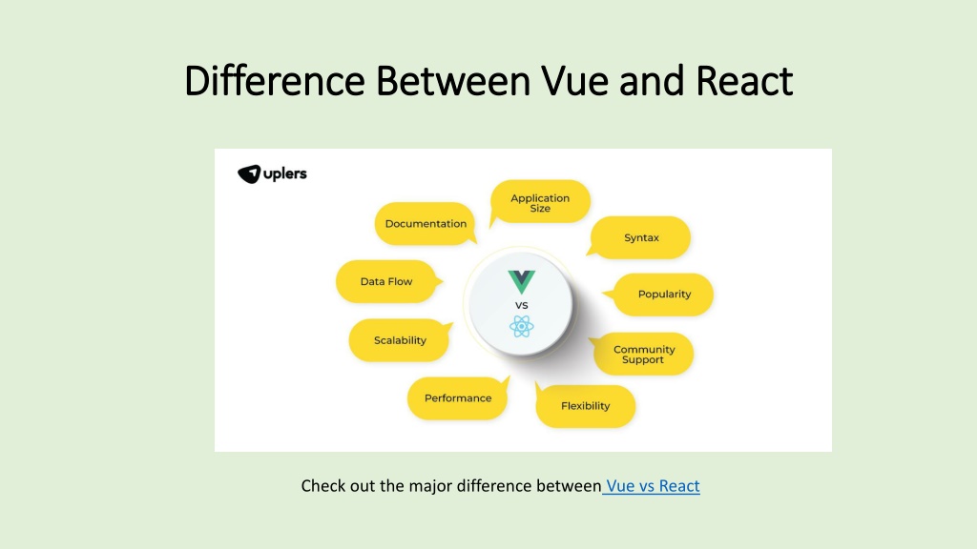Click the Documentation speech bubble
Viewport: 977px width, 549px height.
pos(426,224)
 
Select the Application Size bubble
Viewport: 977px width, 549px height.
pos(540,203)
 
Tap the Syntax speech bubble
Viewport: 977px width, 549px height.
pos(641,237)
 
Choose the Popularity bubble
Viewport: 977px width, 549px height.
pos(664,295)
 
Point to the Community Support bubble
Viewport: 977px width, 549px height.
pos(643,355)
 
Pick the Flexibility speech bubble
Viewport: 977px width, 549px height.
pos(585,406)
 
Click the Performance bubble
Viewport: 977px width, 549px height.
pos(458,398)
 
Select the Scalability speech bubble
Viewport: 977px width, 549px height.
pos(400,340)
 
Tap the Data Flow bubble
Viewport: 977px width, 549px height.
pos(385,282)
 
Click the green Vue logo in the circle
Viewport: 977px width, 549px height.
pos(522,282)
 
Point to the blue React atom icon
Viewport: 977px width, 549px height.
pos(522,327)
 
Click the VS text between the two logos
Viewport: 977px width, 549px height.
pos(522,305)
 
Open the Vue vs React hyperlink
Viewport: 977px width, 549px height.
pos(652,486)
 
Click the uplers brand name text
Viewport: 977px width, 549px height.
pos(285,174)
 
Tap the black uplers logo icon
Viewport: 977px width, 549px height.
pos(249,174)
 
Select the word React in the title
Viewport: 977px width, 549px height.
pos(744,82)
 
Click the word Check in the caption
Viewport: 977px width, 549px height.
pos(322,486)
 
